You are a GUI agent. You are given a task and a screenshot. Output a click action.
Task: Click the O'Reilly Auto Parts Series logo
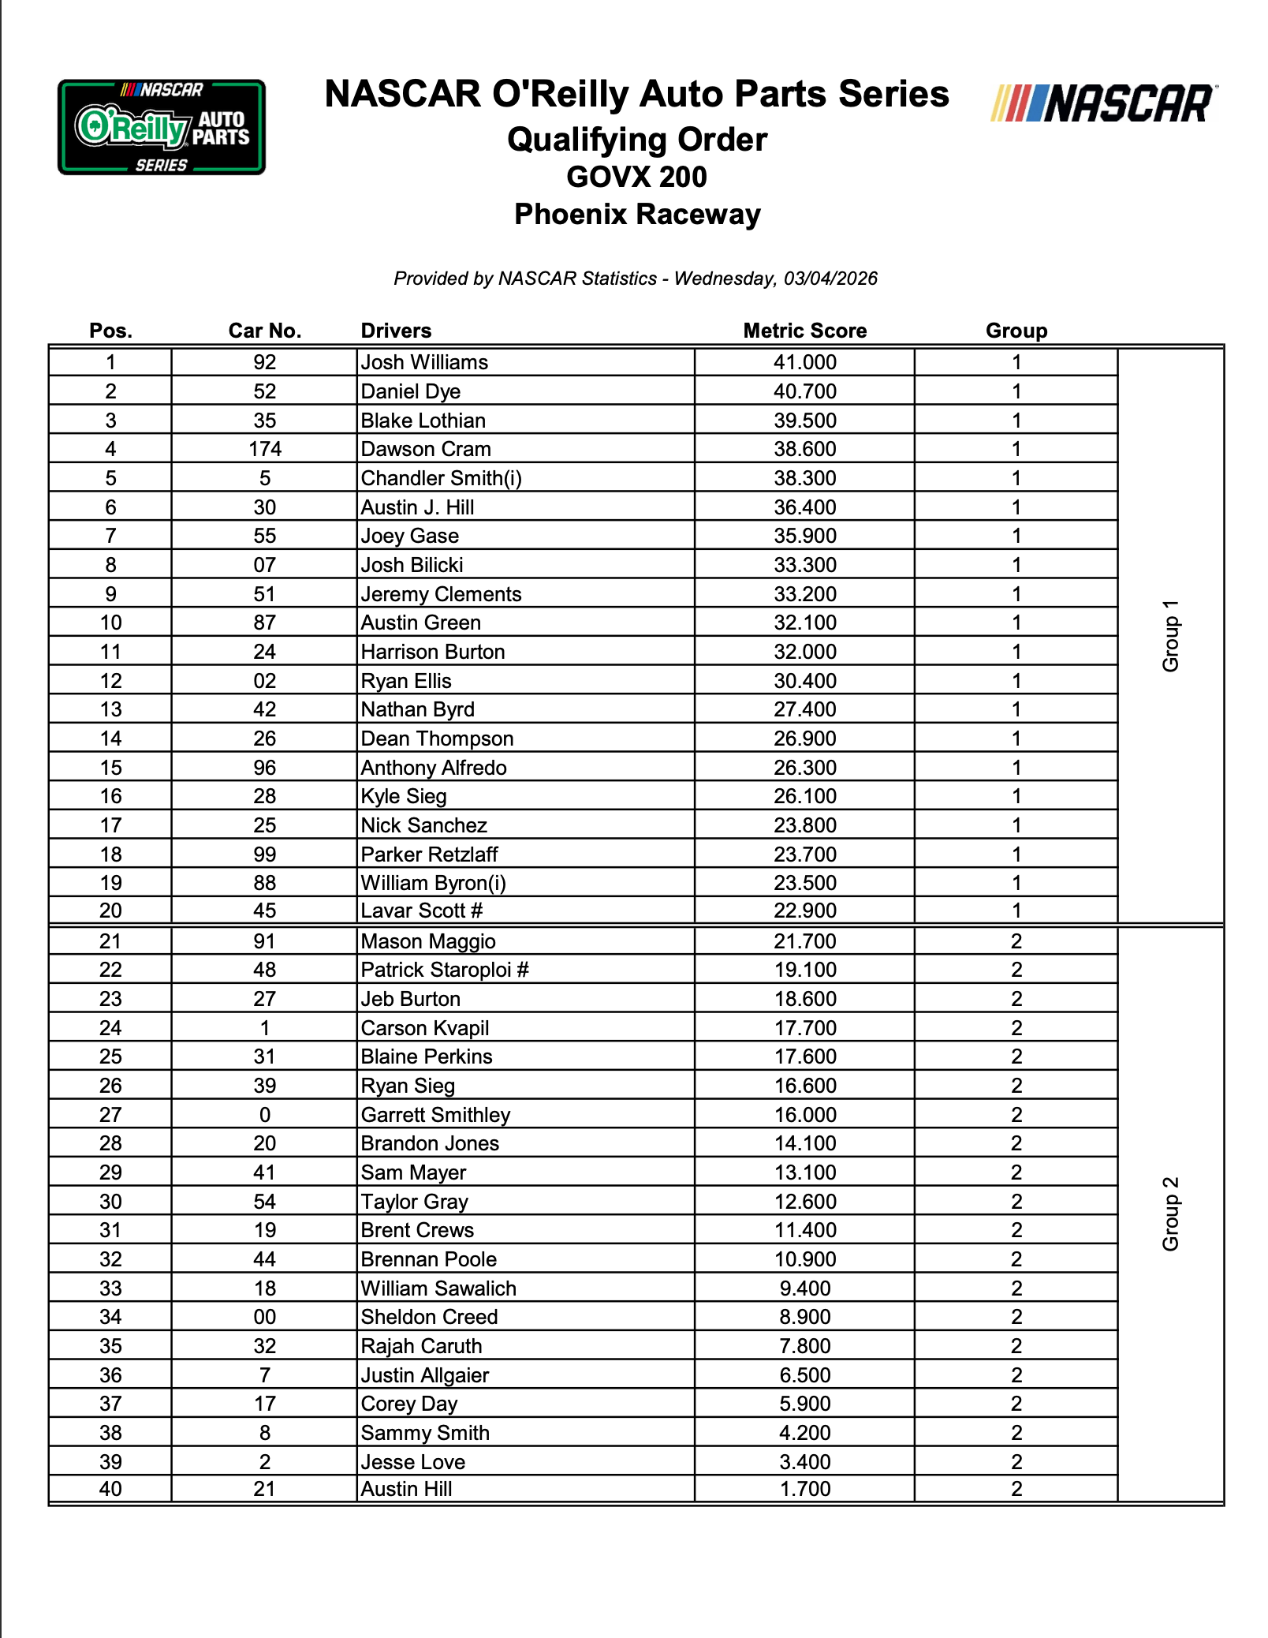(162, 127)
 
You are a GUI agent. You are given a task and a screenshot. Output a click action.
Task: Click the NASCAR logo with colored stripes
(1103, 104)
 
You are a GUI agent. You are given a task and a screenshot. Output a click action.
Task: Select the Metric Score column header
(804, 331)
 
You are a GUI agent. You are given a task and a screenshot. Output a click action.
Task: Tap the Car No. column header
(265, 331)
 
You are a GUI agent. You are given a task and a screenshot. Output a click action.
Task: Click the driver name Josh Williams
(424, 362)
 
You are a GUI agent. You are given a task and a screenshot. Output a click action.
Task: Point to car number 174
(265, 449)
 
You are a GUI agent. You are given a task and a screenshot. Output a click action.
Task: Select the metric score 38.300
(804, 478)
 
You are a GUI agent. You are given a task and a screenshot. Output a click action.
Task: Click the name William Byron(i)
(433, 883)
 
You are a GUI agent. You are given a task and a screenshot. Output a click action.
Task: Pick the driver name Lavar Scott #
(421, 911)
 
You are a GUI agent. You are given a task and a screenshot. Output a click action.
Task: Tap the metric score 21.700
(804, 941)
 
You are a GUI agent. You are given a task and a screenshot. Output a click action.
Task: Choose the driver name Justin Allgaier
(425, 1375)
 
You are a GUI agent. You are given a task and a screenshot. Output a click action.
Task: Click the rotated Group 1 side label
(1171, 636)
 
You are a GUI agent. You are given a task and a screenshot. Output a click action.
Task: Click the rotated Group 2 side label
(1171, 1214)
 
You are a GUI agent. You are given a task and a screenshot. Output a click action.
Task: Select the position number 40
(110, 1489)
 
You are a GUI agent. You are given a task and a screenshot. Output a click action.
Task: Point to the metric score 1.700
(804, 1489)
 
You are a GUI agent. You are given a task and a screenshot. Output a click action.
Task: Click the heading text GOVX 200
(636, 177)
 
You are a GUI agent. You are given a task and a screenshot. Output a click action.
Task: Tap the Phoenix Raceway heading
(637, 214)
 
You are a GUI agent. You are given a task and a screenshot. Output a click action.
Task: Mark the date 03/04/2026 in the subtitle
(830, 279)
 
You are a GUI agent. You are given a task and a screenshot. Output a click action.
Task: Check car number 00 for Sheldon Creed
(265, 1317)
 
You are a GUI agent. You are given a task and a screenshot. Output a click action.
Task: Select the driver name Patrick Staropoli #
(445, 970)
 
